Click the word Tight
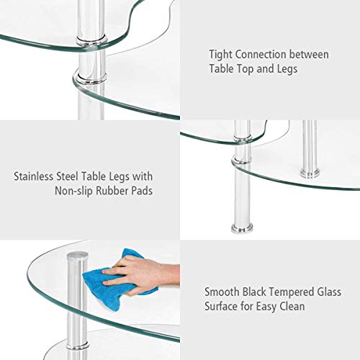[222, 54]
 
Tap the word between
[312, 54]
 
